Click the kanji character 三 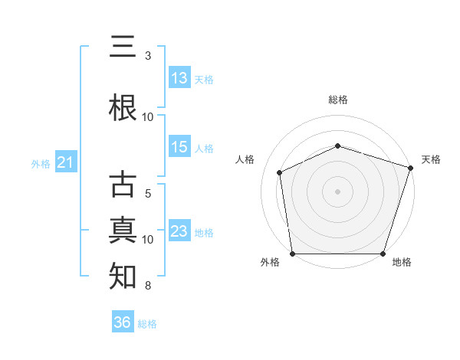123,46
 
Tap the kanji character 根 123,107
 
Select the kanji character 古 123,184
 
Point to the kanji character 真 123,230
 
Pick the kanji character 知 123,276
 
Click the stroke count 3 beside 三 148,56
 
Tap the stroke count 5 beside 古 148,194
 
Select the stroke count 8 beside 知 148,286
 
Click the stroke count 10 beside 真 147,240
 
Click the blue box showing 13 180,77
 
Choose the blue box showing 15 180,146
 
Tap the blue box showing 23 180,230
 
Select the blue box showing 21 66,162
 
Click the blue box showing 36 123,321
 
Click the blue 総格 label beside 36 147,324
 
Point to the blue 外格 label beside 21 41,164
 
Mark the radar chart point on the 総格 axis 337,146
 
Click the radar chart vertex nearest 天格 410,168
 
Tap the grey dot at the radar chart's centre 337,191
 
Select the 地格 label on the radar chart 402,262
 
